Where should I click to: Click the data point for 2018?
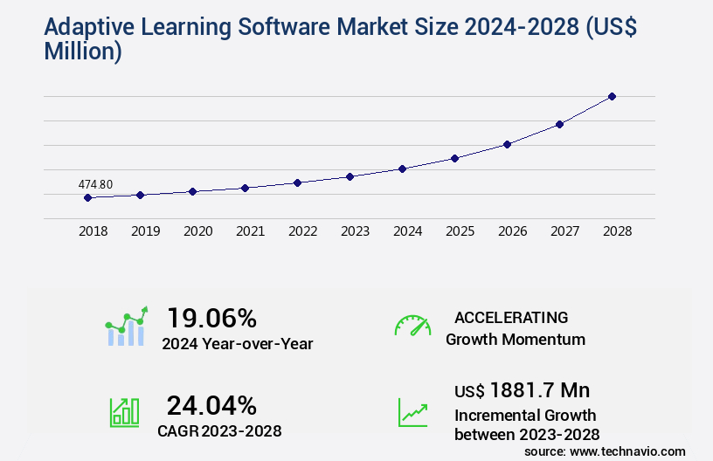point(87,197)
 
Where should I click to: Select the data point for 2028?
point(612,96)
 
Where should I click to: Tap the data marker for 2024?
point(402,169)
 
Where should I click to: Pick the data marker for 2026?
point(507,144)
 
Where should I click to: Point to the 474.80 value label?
point(95,184)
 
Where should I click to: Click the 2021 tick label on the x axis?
point(251,231)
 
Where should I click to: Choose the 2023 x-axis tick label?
point(356,231)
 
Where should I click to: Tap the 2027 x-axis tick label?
point(565,231)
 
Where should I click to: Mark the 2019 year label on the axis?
point(146,231)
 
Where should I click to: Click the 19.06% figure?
point(211,318)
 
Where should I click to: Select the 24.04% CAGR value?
point(211,405)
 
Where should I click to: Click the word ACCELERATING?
point(511,317)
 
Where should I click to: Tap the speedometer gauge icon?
point(412,325)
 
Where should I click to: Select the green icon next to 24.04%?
point(124,412)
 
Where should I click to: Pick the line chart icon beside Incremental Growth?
point(412,412)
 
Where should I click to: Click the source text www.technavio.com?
point(627,451)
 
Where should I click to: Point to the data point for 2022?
point(297,182)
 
